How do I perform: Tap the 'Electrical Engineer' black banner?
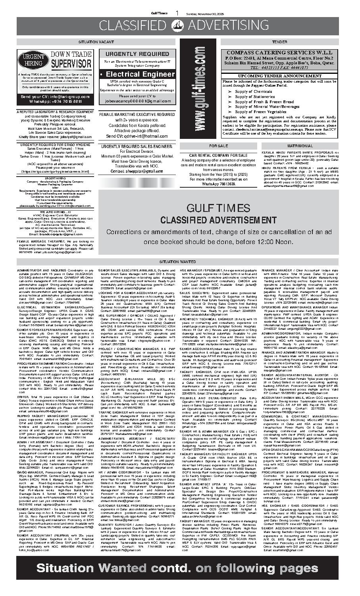pos(137,75)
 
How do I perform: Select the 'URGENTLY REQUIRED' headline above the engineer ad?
pos(137,54)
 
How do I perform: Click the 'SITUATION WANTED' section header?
pos(180,262)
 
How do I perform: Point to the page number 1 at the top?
pos(177,13)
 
